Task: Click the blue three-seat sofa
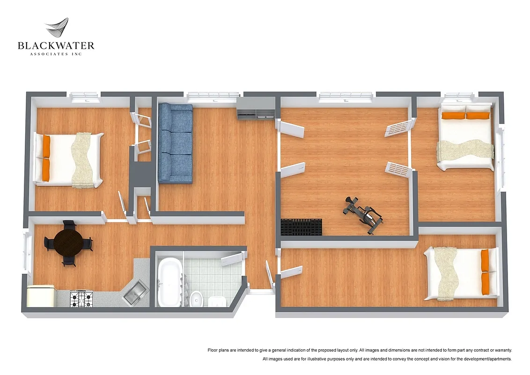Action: (x=176, y=143)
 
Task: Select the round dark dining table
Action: (x=68, y=242)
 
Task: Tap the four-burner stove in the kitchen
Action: (x=81, y=299)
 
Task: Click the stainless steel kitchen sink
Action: (x=135, y=292)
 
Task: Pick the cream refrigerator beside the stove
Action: (x=40, y=297)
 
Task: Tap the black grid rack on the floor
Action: (x=302, y=227)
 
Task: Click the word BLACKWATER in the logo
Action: (x=56, y=46)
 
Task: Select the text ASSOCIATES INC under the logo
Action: (x=56, y=54)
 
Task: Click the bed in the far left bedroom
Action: (x=69, y=160)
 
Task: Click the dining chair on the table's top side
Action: (x=69, y=225)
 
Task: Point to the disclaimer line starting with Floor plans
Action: (x=360, y=350)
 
